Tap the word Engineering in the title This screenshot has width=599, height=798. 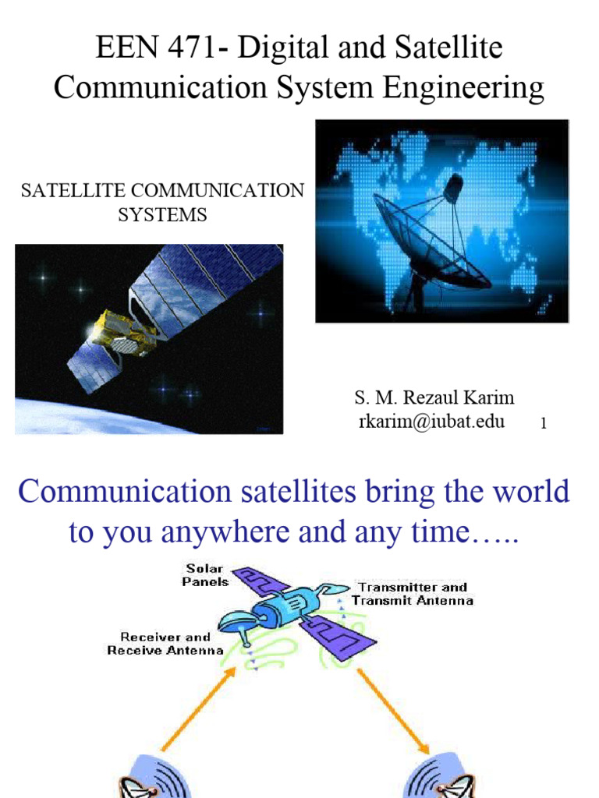click(462, 87)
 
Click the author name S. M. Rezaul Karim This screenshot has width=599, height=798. click(434, 398)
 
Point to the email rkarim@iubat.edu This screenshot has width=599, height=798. click(431, 422)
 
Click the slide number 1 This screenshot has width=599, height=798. click(543, 425)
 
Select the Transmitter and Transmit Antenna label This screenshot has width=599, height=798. click(412, 594)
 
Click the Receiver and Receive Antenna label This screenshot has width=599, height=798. click(165, 643)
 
